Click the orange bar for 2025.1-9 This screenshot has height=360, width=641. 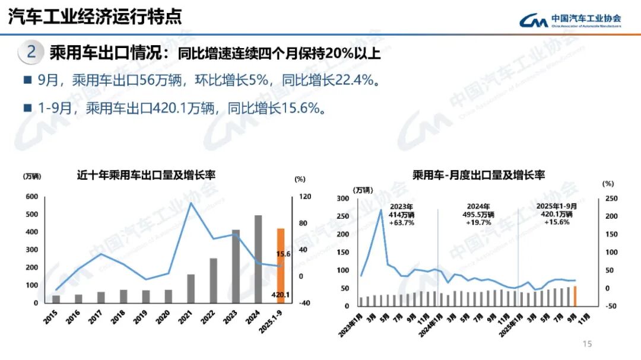tap(281, 265)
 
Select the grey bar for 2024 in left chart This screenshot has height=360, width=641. tap(258, 259)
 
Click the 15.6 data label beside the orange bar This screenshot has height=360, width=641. tap(283, 254)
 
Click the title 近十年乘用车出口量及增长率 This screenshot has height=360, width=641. tap(145, 175)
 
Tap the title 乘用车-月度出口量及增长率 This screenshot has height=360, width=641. tap(479, 175)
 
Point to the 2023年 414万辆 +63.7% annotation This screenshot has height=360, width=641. tap(401, 214)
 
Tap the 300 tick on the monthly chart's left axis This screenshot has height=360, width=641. tap(343, 199)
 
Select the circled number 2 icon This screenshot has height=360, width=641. tap(31, 52)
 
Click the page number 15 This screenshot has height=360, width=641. tap(588, 345)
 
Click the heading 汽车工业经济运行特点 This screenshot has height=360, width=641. tap(95, 16)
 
